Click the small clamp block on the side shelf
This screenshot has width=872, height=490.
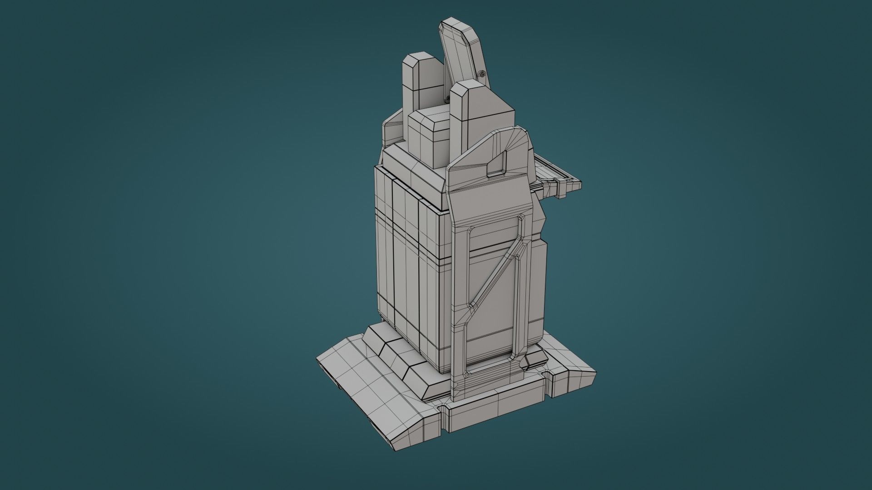point(562,187)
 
